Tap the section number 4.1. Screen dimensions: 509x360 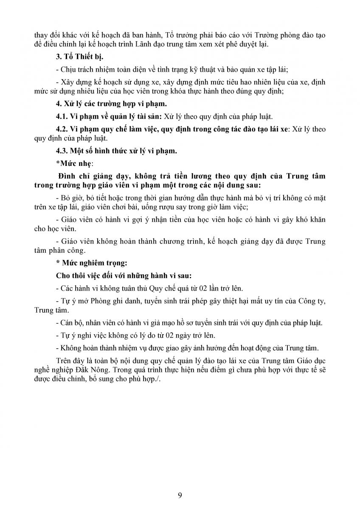tap(62, 117)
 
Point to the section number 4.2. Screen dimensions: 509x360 tap(62, 129)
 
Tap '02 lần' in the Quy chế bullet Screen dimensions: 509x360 tap(202, 288)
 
